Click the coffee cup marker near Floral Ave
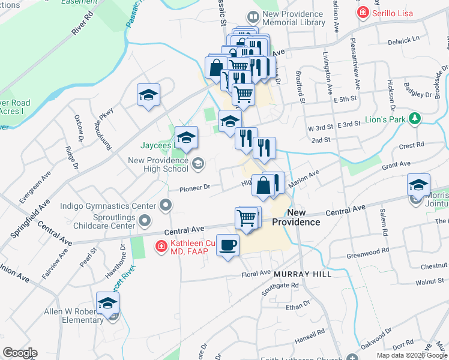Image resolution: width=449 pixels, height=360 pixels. (x=228, y=245)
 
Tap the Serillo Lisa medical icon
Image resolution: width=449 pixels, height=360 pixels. (x=363, y=13)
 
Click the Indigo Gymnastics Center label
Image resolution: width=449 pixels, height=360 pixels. (x=108, y=206)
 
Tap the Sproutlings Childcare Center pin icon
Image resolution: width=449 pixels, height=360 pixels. (x=144, y=222)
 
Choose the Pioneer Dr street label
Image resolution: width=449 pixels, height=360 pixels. (x=194, y=187)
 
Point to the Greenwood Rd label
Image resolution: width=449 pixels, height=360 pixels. (x=368, y=250)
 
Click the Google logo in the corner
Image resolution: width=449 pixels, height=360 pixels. (x=20, y=353)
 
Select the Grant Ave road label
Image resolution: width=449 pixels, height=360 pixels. (x=396, y=164)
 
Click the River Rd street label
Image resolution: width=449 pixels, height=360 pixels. (x=83, y=23)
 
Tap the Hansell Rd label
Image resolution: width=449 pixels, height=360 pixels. (x=310, y=331)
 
